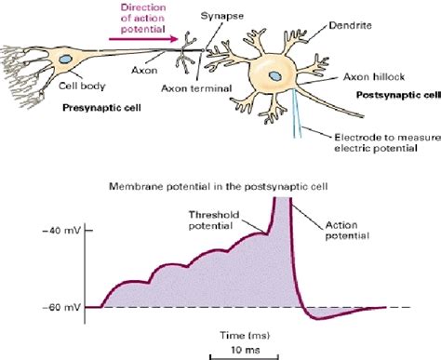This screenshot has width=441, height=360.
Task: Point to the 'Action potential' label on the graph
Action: (349, 228)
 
